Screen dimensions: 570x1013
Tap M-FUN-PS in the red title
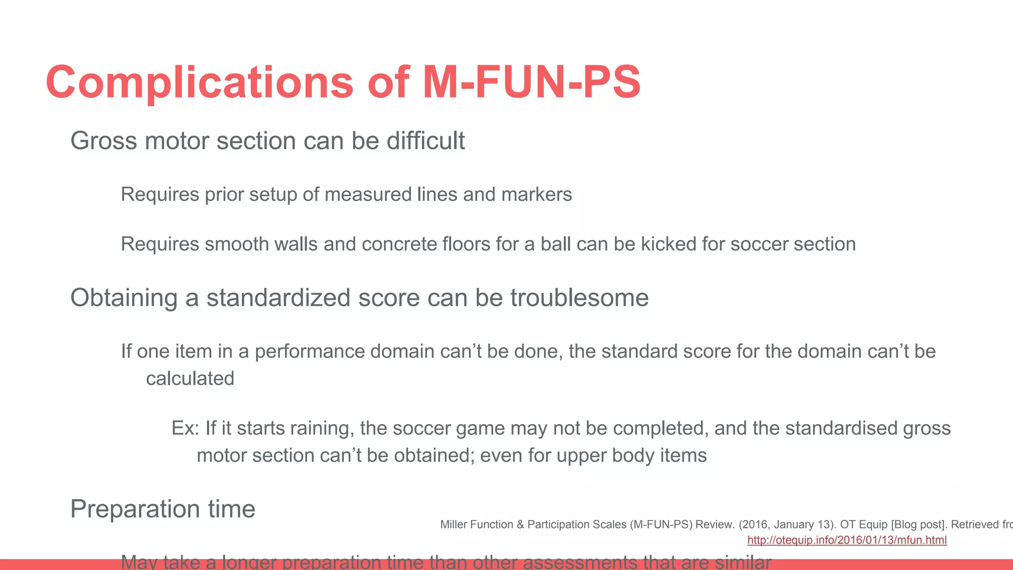532,83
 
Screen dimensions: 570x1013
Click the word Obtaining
124,298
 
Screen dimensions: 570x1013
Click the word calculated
190,379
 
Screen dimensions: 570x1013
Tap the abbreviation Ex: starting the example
185,428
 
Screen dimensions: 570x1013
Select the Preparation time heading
163,509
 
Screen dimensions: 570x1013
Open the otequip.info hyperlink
847,540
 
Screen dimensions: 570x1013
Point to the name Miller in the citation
453,524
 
